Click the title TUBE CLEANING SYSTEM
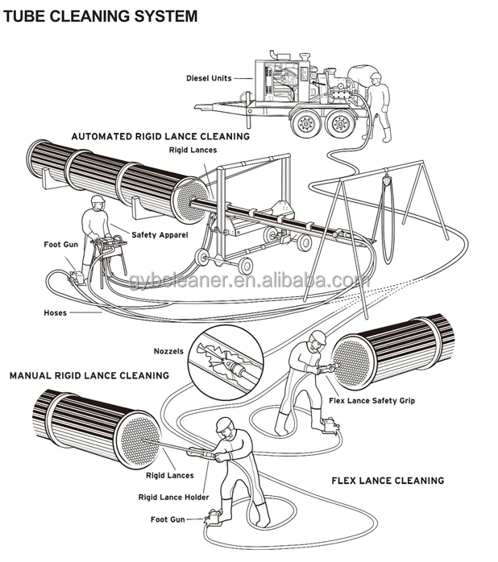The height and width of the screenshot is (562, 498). pyautogui.click(x=100, y=16)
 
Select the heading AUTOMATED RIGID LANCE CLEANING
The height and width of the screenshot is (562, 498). pyautogui.click(x=160, y=137)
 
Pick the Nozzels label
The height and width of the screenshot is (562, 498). pyautogui.click(x=168, y=351)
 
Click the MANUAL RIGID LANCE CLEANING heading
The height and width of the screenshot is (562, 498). pyautogui.click(x=89, y=375)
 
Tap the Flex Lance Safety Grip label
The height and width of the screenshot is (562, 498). pyautogui.click(x=372, y=400)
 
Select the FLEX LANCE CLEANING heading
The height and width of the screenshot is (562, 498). pyautogui.click(x=388, y=481)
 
